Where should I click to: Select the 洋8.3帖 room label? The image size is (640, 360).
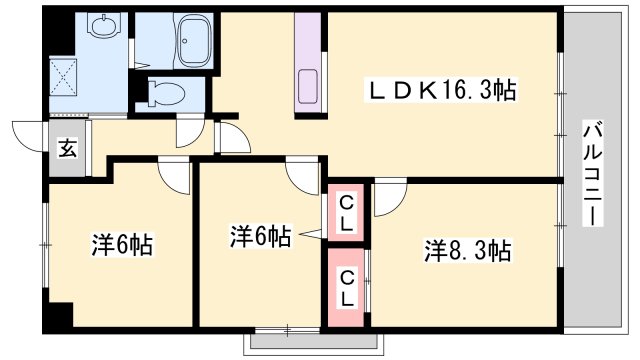point(468,250)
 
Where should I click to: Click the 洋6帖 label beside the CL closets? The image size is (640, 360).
point(260,237)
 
